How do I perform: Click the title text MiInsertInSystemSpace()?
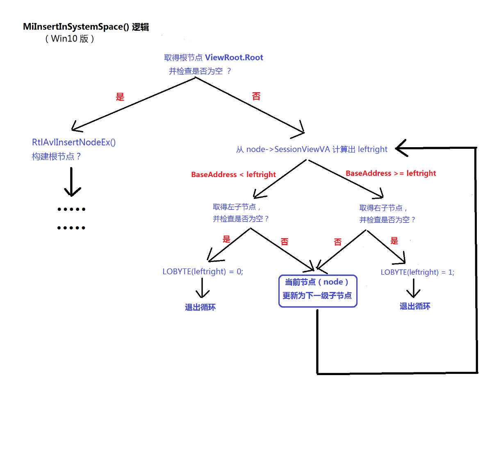76,27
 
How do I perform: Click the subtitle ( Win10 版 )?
70,39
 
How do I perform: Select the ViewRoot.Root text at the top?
234,57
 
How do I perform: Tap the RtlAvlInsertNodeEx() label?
74,142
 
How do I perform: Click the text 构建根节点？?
57,157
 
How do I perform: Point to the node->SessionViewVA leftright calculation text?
312,149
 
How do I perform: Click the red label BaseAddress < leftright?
233,175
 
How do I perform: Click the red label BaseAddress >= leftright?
391,173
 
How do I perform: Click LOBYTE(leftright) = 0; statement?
203,271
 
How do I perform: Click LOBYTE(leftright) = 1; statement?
417,272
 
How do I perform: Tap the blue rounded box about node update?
318,291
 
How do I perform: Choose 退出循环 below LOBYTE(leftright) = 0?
200,307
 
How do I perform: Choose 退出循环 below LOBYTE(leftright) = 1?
415,306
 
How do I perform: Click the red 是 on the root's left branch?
120,97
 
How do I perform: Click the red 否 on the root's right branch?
256,96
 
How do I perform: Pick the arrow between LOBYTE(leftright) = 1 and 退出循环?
413,288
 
